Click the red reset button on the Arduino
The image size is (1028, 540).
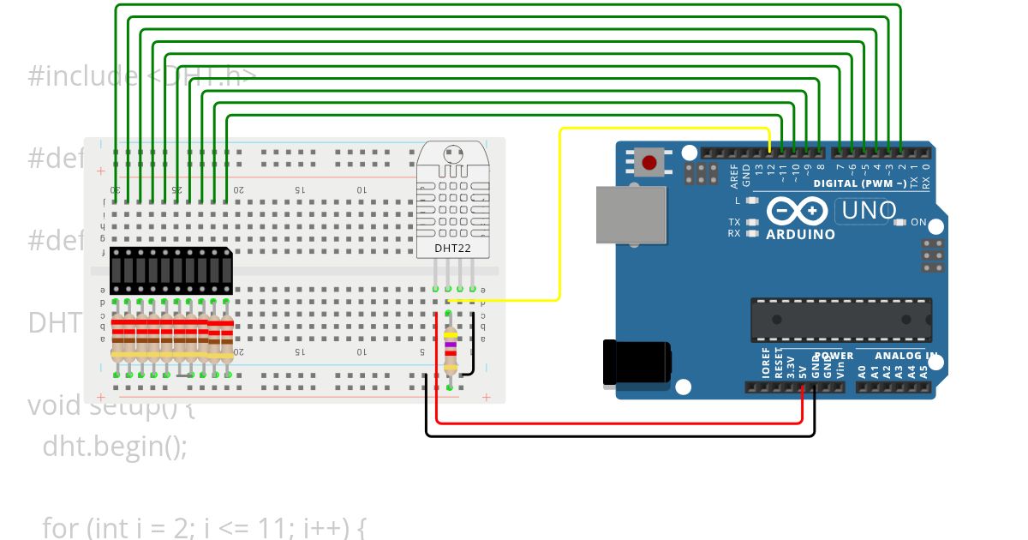tap(649, 162)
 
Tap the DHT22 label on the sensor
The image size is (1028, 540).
tap(451, 249)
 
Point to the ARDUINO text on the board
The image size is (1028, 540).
tap(800, 234)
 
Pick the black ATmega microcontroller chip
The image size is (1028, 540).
tap(840, 319)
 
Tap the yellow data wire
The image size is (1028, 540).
tap(560, 214)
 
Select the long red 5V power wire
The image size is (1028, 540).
tap(617, 423)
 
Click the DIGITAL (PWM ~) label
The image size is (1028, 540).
tap(859, 183)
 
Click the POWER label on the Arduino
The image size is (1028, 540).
tap(834, 356)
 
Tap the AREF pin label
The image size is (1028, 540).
tap(734, 176)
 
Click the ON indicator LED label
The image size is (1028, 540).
tap(918, 222)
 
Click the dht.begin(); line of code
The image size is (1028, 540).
tap(114, 447)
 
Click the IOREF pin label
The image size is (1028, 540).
tap(766, 363)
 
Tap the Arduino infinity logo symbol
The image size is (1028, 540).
tap(798, 211)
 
